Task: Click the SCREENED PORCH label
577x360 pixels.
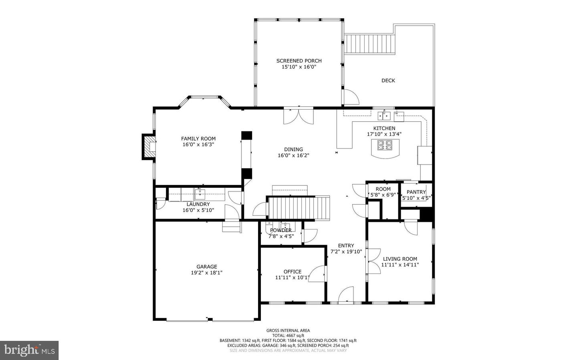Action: [299, 61]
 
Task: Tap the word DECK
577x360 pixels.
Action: [388, 80]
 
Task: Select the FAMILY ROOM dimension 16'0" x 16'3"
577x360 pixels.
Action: [198, 145]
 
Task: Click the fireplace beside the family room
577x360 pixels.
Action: [149, 147]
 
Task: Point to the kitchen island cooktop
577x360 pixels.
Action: [385, 145]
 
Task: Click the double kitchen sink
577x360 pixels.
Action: [384, 116]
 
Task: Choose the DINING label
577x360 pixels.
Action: [293, 149]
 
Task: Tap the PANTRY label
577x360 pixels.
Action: [416, 192]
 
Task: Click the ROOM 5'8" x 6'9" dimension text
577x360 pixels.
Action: [383, 195]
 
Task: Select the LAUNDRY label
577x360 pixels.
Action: [198, 204]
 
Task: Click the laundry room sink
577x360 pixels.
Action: [200, 194]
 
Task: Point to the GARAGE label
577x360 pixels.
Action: [207, 267]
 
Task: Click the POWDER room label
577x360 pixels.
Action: [281, 231]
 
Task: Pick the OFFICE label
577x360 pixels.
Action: [293, 272]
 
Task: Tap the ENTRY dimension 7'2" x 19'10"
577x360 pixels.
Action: [346, 251]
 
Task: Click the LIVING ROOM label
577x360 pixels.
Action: [400, 259]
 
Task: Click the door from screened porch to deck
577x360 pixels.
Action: [350, 97]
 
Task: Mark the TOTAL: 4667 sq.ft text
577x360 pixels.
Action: [288, 336]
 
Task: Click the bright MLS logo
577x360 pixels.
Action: [29, 350]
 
